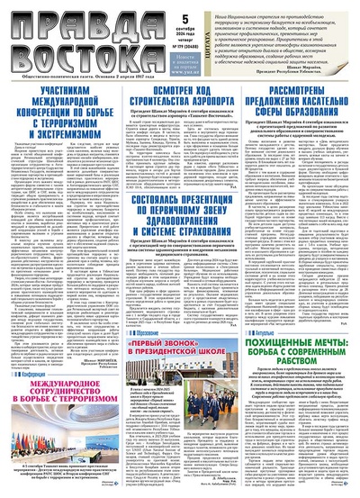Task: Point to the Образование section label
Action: coord(143,308)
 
